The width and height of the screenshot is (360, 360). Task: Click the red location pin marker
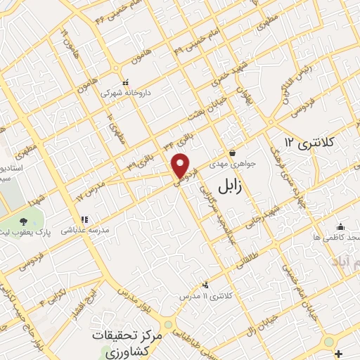[x=181, y=165]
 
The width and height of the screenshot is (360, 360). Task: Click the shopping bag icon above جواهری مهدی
[x=232, y=153]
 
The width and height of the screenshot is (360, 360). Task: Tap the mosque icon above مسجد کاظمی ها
[x=340, y=227]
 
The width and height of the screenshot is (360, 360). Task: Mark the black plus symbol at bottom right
[x=338, y=354]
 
